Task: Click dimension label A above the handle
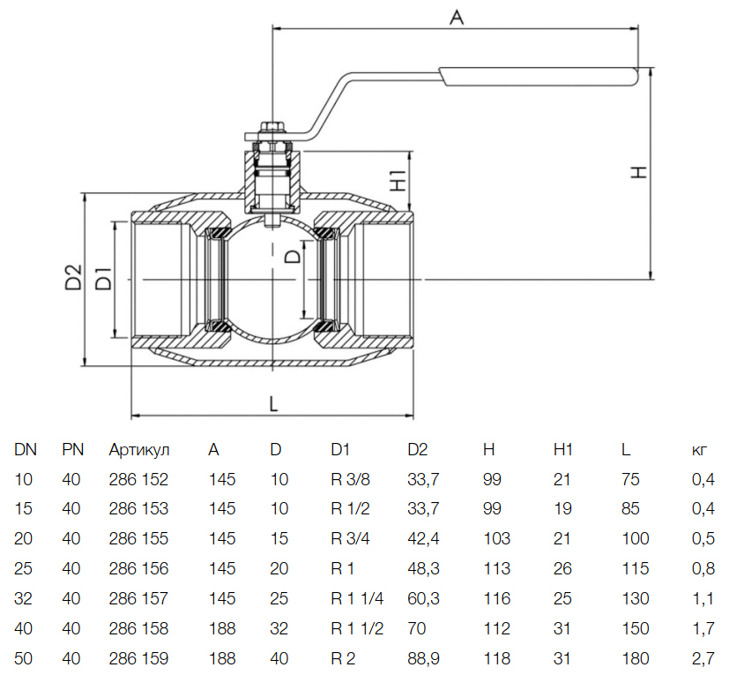point(456,17)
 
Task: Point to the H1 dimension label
point(397,179)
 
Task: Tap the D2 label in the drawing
point(73,277)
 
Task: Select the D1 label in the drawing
point(102,277)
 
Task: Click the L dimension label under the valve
point(273,403)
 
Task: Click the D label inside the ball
point(293,257)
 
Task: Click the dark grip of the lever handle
point(539,76)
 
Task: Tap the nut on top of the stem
point(272,129)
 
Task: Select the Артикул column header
point(138,450)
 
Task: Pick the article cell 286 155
point(138,539)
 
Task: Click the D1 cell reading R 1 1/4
point(358,599)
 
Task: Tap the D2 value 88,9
point(424,658)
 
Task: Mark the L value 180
point(635,658)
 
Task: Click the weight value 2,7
point(703,658)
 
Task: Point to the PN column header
point(72,450)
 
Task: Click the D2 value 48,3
point(424,569)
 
